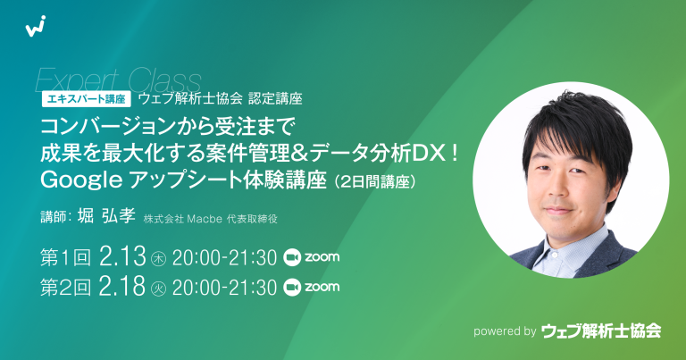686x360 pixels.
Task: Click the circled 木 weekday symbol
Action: [x=160, y=259]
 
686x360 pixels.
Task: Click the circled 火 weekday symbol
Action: [x=160, y=288]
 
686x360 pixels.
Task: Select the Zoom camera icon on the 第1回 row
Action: [x=290, y=258]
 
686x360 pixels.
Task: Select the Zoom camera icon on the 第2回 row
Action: [x=290, y=287]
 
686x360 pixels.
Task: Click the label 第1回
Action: [x=66, y=258]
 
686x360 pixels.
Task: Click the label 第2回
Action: [x=66, y=287]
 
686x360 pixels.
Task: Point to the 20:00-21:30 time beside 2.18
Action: [x=224, y=287]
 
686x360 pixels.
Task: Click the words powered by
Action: [x=505, y=331]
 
